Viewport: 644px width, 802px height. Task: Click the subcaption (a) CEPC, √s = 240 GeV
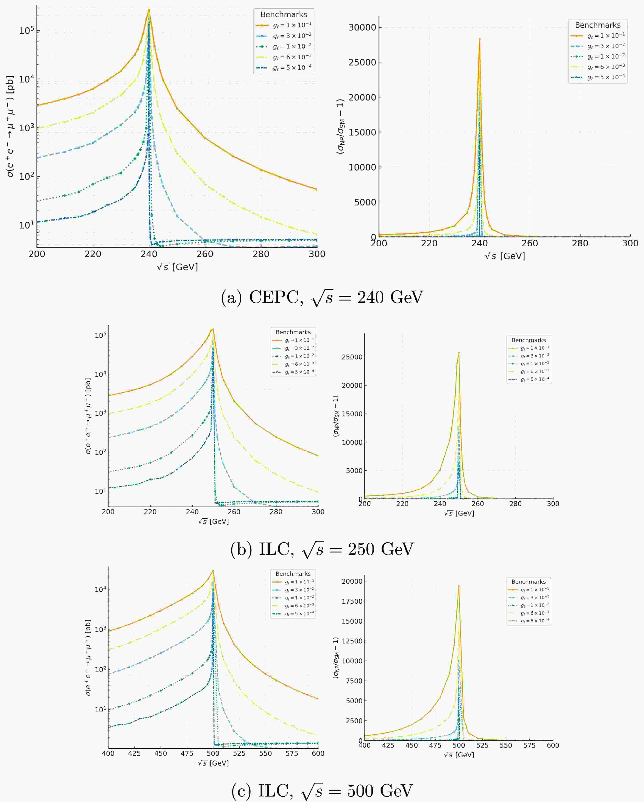[x=322, y=298]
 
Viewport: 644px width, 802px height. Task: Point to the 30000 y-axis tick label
[x=362, y=28]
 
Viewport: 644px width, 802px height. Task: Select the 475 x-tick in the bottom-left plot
[x=187, y=754]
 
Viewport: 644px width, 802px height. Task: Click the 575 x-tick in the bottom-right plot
[x=529, y=745]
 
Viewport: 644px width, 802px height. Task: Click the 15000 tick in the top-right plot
[x=362, y=132]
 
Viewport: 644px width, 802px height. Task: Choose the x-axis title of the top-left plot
[x=177, y=267]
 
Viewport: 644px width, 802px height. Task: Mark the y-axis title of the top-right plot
[x=340, y=126]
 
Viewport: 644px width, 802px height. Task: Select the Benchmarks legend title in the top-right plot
[x=597, y=25]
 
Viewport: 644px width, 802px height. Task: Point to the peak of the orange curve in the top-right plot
[x=479, y=39]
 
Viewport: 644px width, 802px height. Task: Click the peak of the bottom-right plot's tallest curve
[x=459, y=586]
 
